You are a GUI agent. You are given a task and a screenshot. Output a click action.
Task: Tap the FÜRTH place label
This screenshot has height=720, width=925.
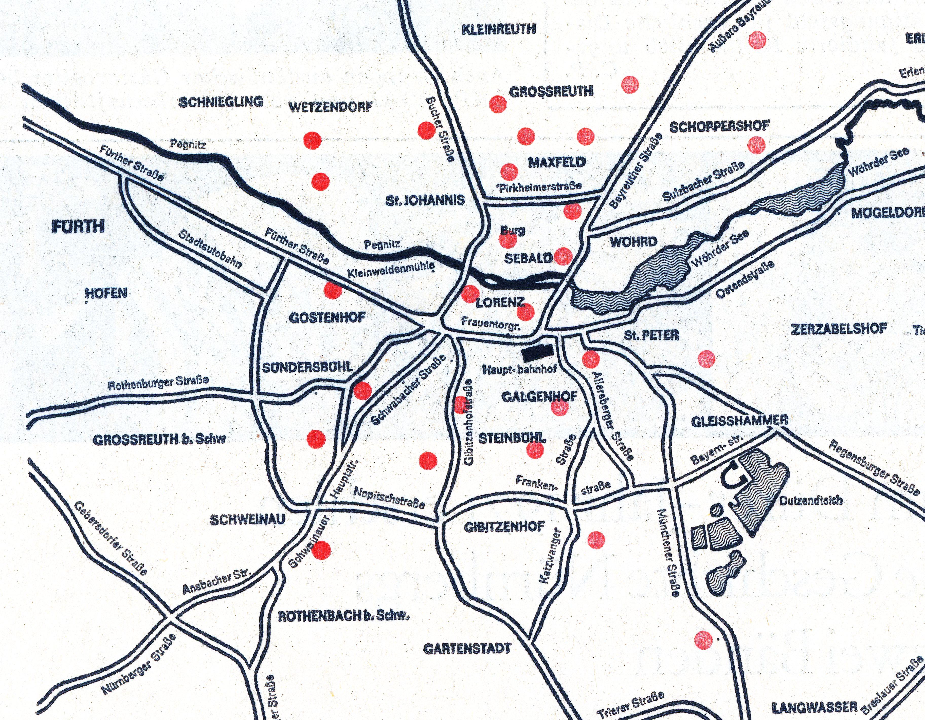pyautogui.click(x=78, y=227)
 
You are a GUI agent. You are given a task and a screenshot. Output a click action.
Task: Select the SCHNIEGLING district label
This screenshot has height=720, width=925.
pyautogui.click(x=221, y=102)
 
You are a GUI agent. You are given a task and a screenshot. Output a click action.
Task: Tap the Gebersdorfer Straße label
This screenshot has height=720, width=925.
pyautogui.click(x=111, y=538)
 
